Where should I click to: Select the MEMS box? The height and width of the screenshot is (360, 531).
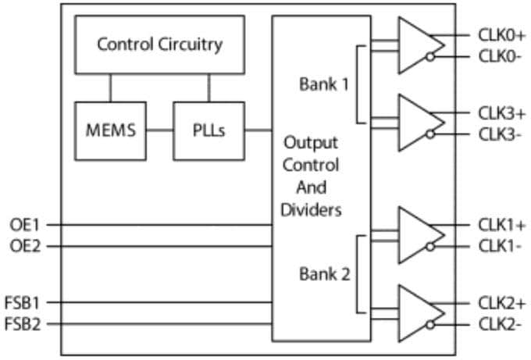pyautogui.click(x=110, y=130)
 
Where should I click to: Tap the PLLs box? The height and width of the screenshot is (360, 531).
pyautogui.click(x=208, y=130)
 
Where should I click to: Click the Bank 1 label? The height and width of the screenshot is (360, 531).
pyautogui.click(x=323, y=84)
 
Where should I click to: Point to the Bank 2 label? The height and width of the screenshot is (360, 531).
pyautogui.click(x=323, y=274)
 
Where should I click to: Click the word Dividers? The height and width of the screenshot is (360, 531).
pyautogui.click(x=311, y=210)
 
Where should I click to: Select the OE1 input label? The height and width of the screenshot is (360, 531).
pyautogui.click(x=24, y=225)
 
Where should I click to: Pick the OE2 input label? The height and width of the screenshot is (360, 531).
pyautogui.click(x=24, y=247)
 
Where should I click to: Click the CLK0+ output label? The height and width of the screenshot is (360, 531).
pyautogui.click(x=501, y=35)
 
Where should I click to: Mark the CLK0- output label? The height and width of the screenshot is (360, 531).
pyautogui.click(x=500, y=56)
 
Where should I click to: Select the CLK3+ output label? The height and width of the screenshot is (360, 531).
pyautogui.click(x=501, y=113)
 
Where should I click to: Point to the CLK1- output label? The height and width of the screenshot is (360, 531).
pyautogui.click(x=500, y=247)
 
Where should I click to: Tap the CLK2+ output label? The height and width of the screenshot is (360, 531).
pyautogui.click(x=501, y=302)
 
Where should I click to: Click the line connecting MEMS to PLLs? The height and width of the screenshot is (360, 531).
pyautogui.click(x=159, y=130)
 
